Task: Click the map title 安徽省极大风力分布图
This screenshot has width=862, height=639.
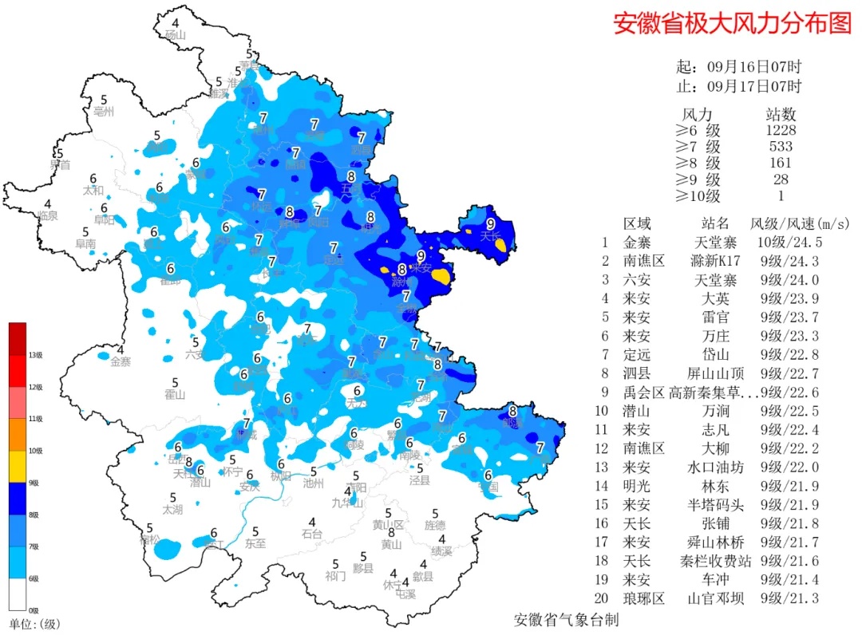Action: [732, 23]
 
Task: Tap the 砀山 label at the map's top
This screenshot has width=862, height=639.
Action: [175, 35]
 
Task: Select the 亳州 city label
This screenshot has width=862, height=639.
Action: [104, 111]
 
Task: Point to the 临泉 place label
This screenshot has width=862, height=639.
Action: [48, 216]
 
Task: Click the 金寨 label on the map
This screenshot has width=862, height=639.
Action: [120, 361]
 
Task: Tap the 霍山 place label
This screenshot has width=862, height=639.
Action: [174, 395]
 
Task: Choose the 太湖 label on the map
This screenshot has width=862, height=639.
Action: [172, 509]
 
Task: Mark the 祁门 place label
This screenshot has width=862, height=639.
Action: [335, 575]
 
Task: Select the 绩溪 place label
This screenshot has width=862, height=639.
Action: [441, 551]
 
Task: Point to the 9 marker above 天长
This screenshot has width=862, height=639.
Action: [490, 223]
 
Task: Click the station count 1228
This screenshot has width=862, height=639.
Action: [780, 130]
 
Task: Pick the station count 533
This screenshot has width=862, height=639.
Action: [780, 147]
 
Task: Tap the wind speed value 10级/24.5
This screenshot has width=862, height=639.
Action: [785, 242]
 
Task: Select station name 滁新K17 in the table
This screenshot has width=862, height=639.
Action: [715, 261]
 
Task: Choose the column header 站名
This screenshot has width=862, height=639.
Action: [715, 223]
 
